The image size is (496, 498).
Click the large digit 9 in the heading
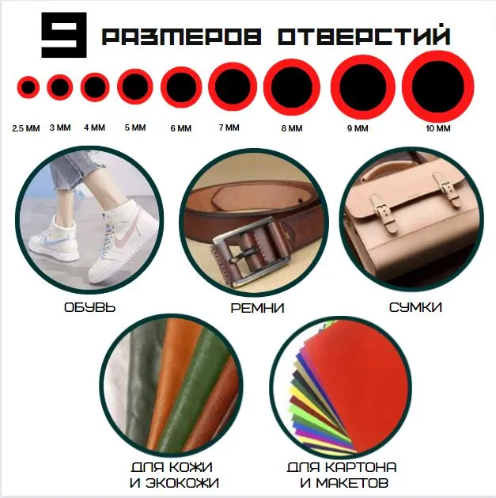point(64,35)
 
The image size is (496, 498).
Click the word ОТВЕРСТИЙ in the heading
point(365,35)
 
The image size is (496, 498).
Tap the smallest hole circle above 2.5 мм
point(28,87)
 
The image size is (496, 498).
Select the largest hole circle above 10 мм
point(438,87)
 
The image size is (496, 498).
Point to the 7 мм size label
point(229,127)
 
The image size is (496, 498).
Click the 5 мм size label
point(135,127)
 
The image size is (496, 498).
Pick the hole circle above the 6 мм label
point(181,87)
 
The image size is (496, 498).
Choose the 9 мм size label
point(358,128)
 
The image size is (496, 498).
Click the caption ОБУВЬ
point(90,307)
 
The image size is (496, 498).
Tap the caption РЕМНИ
point(257,308)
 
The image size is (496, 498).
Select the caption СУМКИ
point(415,307)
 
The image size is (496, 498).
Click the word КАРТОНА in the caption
point(362,467)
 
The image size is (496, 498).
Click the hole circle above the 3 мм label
point(60,87)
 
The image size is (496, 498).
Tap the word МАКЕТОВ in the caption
point(353,483)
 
